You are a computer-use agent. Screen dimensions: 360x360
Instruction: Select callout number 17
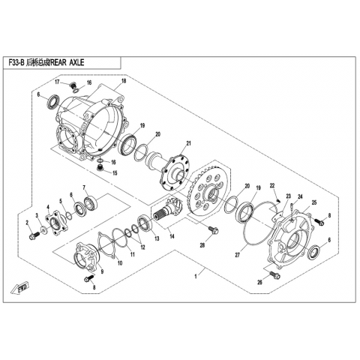pyautogui.click(x=57, y=81)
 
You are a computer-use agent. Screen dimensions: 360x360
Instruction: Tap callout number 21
pyautogui.click(x=189, y=143)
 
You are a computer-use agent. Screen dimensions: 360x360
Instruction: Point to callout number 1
pyautogui.click(x=196, y=276)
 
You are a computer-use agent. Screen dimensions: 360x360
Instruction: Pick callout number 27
pyautogui.click(x=237, y=255)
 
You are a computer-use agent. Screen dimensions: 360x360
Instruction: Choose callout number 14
pyautogui.click(x=172, y=236)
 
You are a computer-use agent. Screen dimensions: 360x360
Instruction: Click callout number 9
pyautogui.click(x=102, y=271)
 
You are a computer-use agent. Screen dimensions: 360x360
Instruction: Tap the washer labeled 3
pyautogui.click(x=43, y=229)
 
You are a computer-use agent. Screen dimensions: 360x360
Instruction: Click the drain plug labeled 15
pyautogui.click(x=100, y=167)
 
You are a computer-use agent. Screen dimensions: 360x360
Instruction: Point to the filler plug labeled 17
pyautogui.click(x=73, y=85)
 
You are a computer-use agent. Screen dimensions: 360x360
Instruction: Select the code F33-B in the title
pyautogui.click(x=16, y=62)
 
